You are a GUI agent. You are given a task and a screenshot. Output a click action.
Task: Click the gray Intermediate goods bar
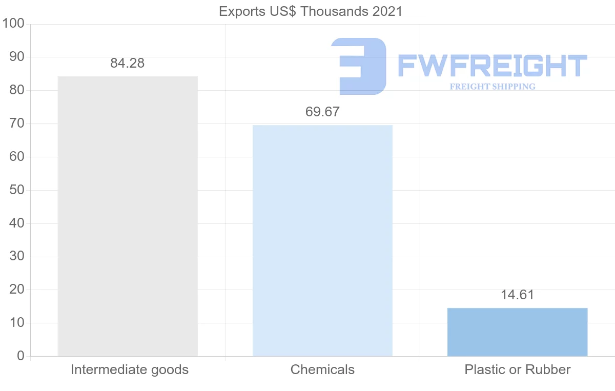128,216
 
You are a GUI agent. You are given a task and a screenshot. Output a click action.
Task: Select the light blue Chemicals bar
322,240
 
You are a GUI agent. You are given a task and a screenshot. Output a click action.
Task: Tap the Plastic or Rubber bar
517,332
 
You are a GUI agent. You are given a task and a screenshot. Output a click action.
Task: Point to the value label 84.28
128,64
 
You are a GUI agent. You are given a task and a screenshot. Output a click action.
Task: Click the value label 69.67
322,112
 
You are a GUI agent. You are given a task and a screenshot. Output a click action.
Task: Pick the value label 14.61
517,295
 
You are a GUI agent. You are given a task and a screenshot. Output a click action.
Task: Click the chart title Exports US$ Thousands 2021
311,11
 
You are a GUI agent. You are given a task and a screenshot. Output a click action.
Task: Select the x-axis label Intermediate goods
130,369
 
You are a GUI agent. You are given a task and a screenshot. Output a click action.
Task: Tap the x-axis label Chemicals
322,369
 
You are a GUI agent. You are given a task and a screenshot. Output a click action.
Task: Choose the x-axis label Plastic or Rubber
518,369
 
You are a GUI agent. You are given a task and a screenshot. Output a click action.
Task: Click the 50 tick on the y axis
17,190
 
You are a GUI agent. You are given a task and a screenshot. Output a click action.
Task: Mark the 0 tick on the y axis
20,356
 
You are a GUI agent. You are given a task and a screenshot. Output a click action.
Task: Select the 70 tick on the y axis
17,124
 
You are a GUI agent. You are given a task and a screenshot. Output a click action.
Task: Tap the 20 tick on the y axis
17,290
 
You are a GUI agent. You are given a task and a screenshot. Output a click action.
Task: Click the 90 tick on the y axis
17,57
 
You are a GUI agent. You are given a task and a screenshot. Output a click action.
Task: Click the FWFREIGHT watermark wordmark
492,66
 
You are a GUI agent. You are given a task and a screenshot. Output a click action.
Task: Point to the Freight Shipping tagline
493,87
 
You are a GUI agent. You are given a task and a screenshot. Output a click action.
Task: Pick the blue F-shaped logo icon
359,66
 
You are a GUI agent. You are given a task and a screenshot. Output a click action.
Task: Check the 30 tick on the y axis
17,257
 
